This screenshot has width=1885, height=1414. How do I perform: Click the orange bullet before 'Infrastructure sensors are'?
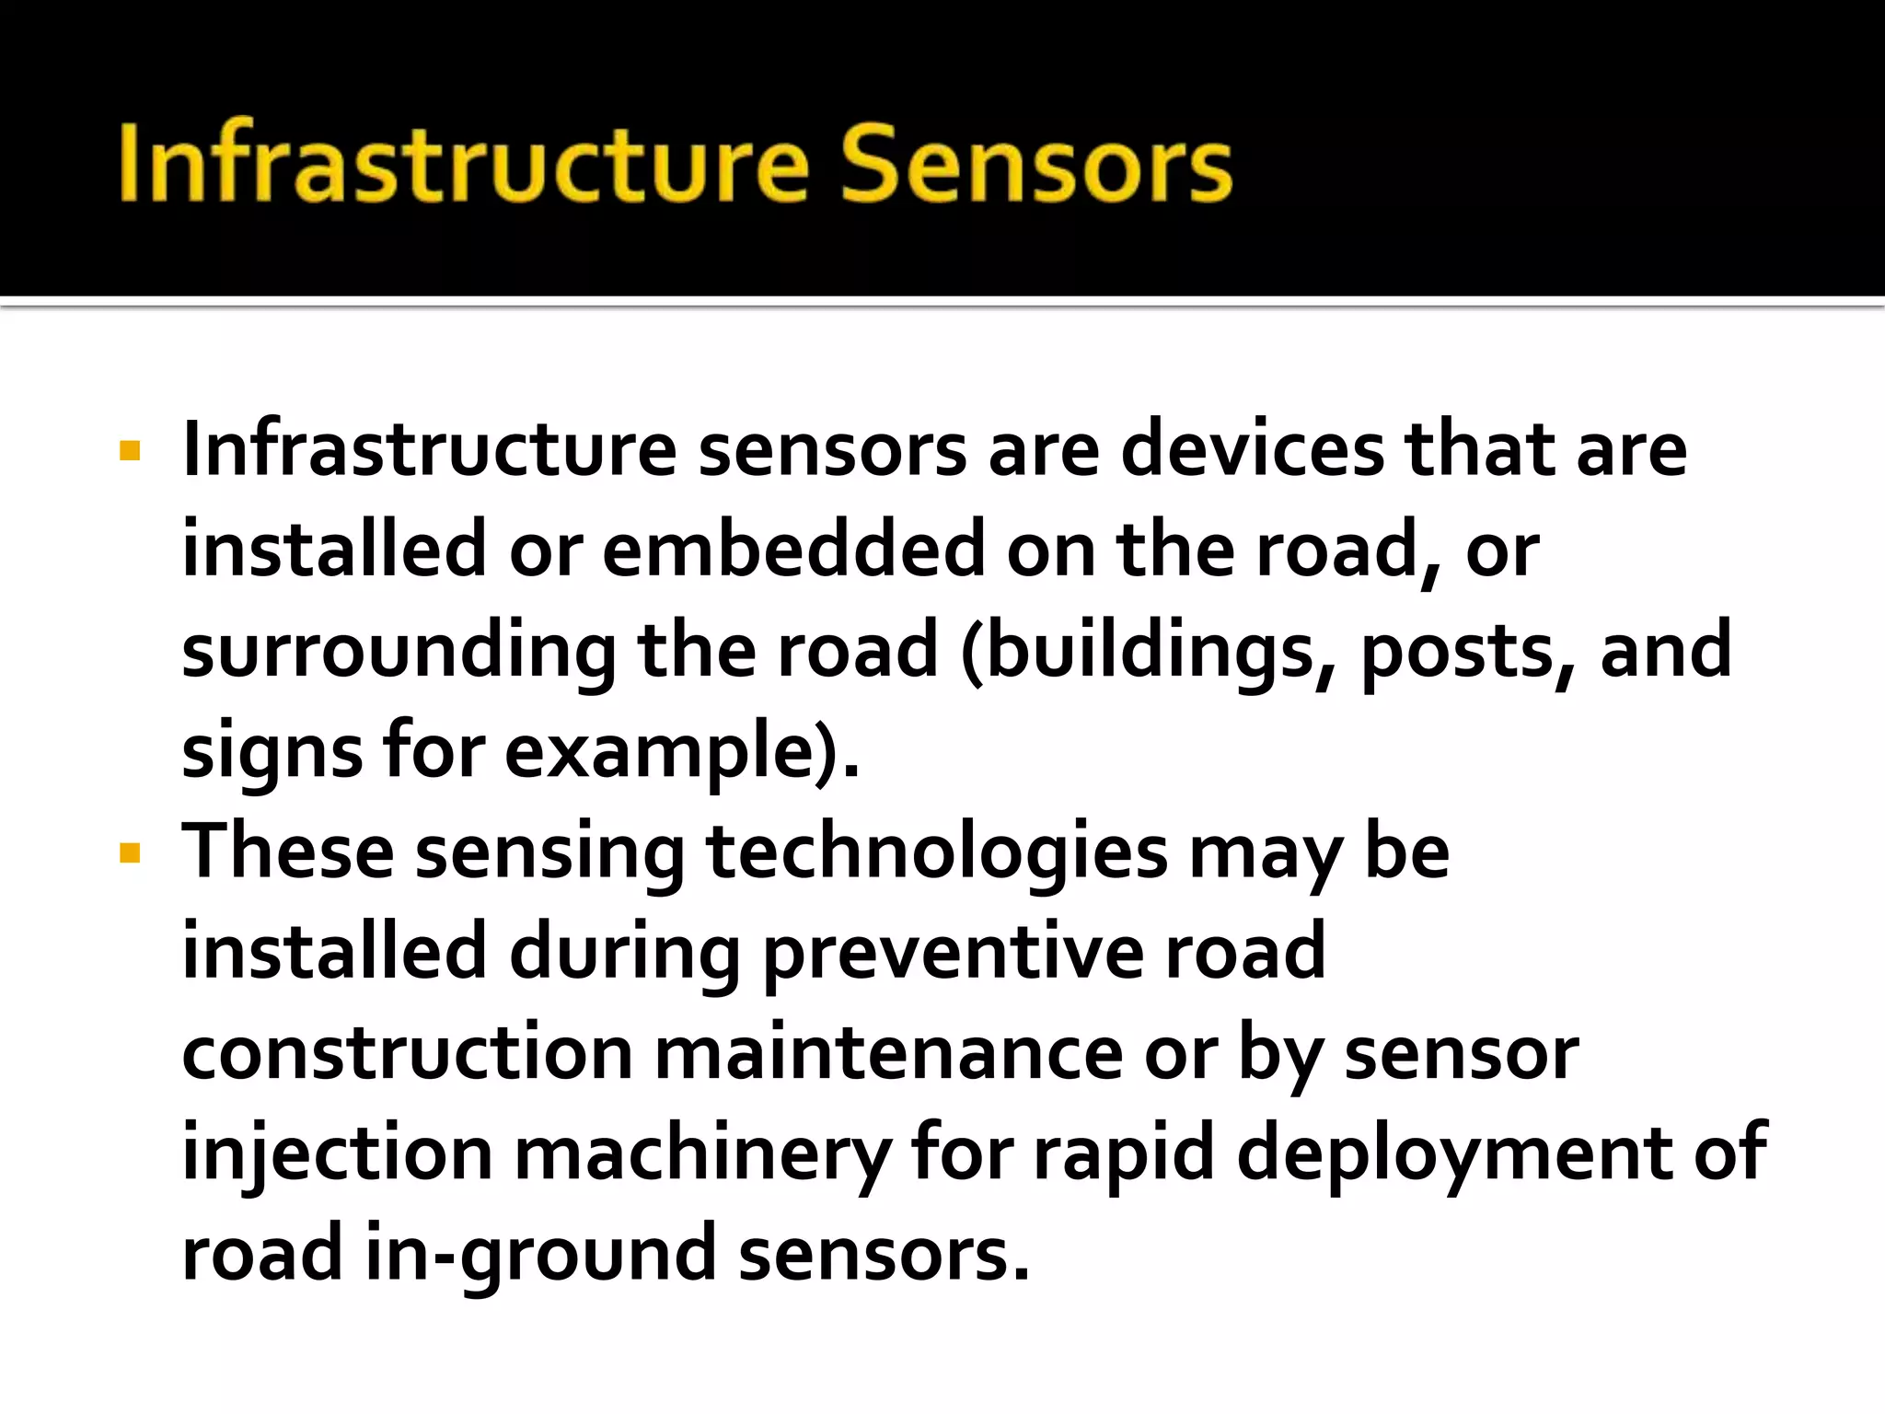[x=130, y=451]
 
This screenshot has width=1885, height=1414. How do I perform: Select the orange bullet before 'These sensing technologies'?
[x=130, y=854]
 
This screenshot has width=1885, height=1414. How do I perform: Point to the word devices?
[x=1252, y=450]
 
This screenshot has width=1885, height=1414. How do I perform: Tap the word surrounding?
[x=399, y=653]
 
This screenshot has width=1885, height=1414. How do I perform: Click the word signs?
[x=272, y=753]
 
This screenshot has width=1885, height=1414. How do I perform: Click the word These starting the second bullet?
[x=288, y=852]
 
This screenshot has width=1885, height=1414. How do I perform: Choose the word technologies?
[x=937, y=854]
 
